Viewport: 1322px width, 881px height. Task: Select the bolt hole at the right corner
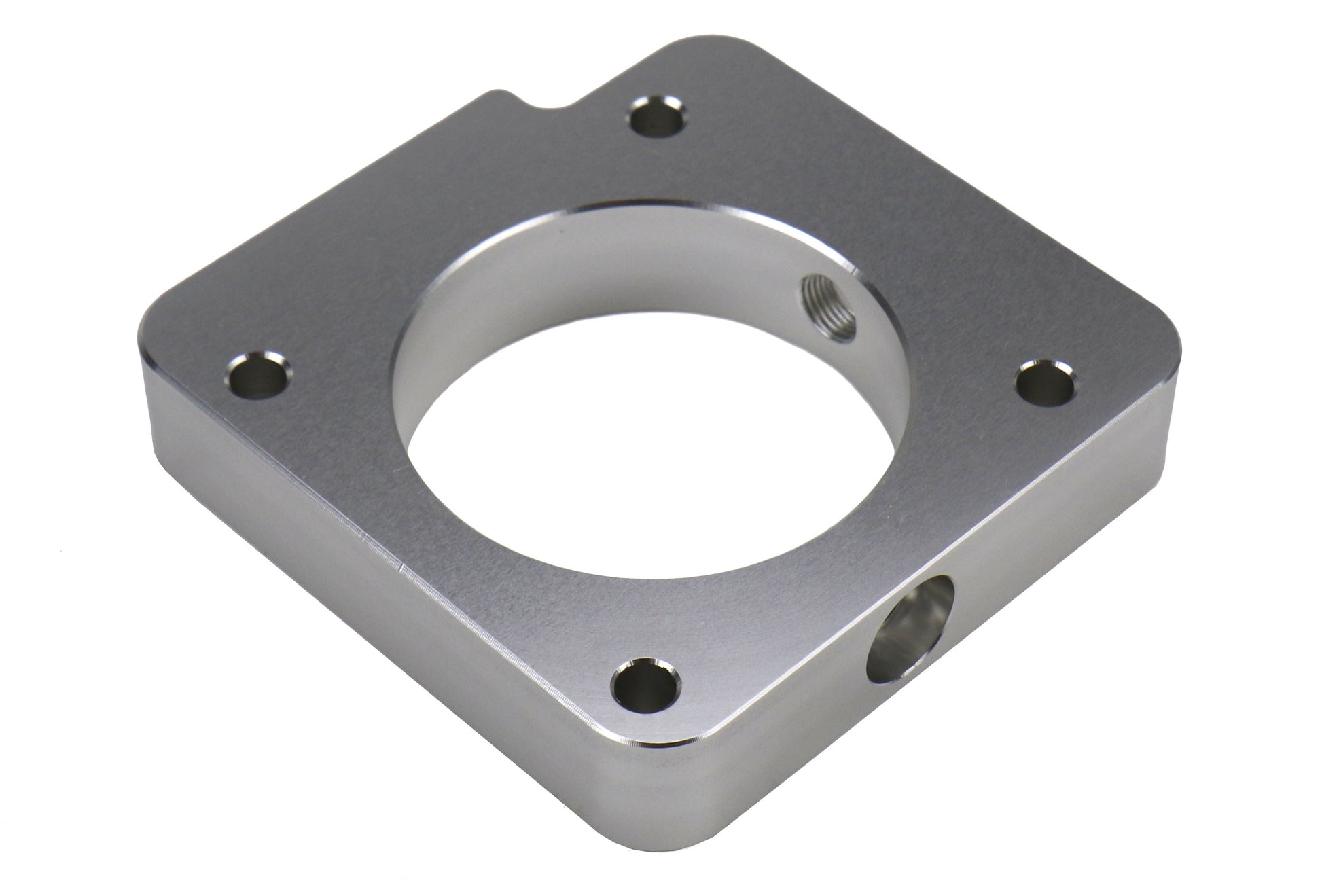(x=1046, y=385)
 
